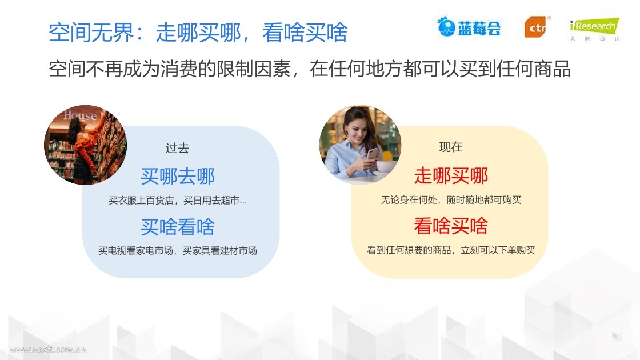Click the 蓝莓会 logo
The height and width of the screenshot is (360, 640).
pyautogui.click(x=469, y=27)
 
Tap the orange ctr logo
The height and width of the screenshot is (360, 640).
pyautogui.click(x=537, y=27)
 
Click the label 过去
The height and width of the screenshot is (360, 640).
pyautogui.click(x=177, y=148)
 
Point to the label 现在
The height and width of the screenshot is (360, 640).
pyautogui.click(x=451, y=147)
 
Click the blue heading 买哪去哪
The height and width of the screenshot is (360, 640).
pyautogui.click(x=178, y=177)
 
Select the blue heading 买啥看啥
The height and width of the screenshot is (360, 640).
pyautogui.click(x=178, y=227)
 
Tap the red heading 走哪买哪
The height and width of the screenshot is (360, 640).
pyautogui.click(x=451, y=175)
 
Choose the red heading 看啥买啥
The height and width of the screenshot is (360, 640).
pyautogui.click(x=451, y=226)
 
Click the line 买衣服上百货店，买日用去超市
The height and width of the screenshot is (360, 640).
pyautogui.click(x=178, y=201)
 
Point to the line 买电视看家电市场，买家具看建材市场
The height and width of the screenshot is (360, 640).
pyautogui.click(x=178, y=251)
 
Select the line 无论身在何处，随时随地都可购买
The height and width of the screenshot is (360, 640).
pyautogui.click(x=451, y=199)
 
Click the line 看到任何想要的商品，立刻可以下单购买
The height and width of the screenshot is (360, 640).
pyautogui.click(x=451, y=250)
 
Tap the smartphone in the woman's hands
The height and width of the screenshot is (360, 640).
pyautogui.click(x=372, y=154)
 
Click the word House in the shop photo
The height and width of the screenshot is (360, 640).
pyautogui.click(x=80, y=115)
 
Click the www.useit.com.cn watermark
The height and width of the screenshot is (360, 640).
pyautogui.click(x=48, y=349)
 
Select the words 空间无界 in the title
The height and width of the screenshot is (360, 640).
pyautogui.click(x=91, y=32)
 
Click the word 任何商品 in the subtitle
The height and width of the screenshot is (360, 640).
pyautogui.click(x=533, y=69)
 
